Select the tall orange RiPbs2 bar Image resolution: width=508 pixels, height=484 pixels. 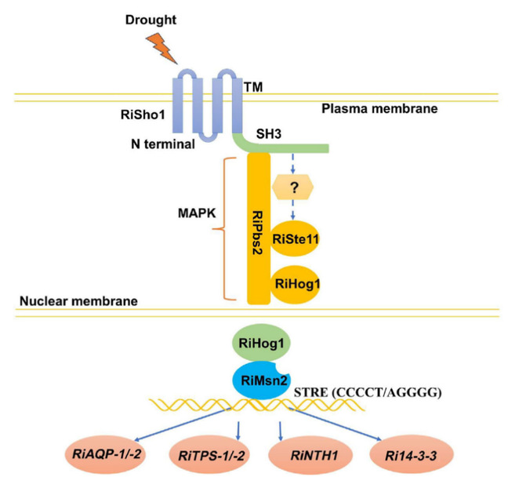258,228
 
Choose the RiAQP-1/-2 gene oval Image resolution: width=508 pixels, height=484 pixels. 108,453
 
